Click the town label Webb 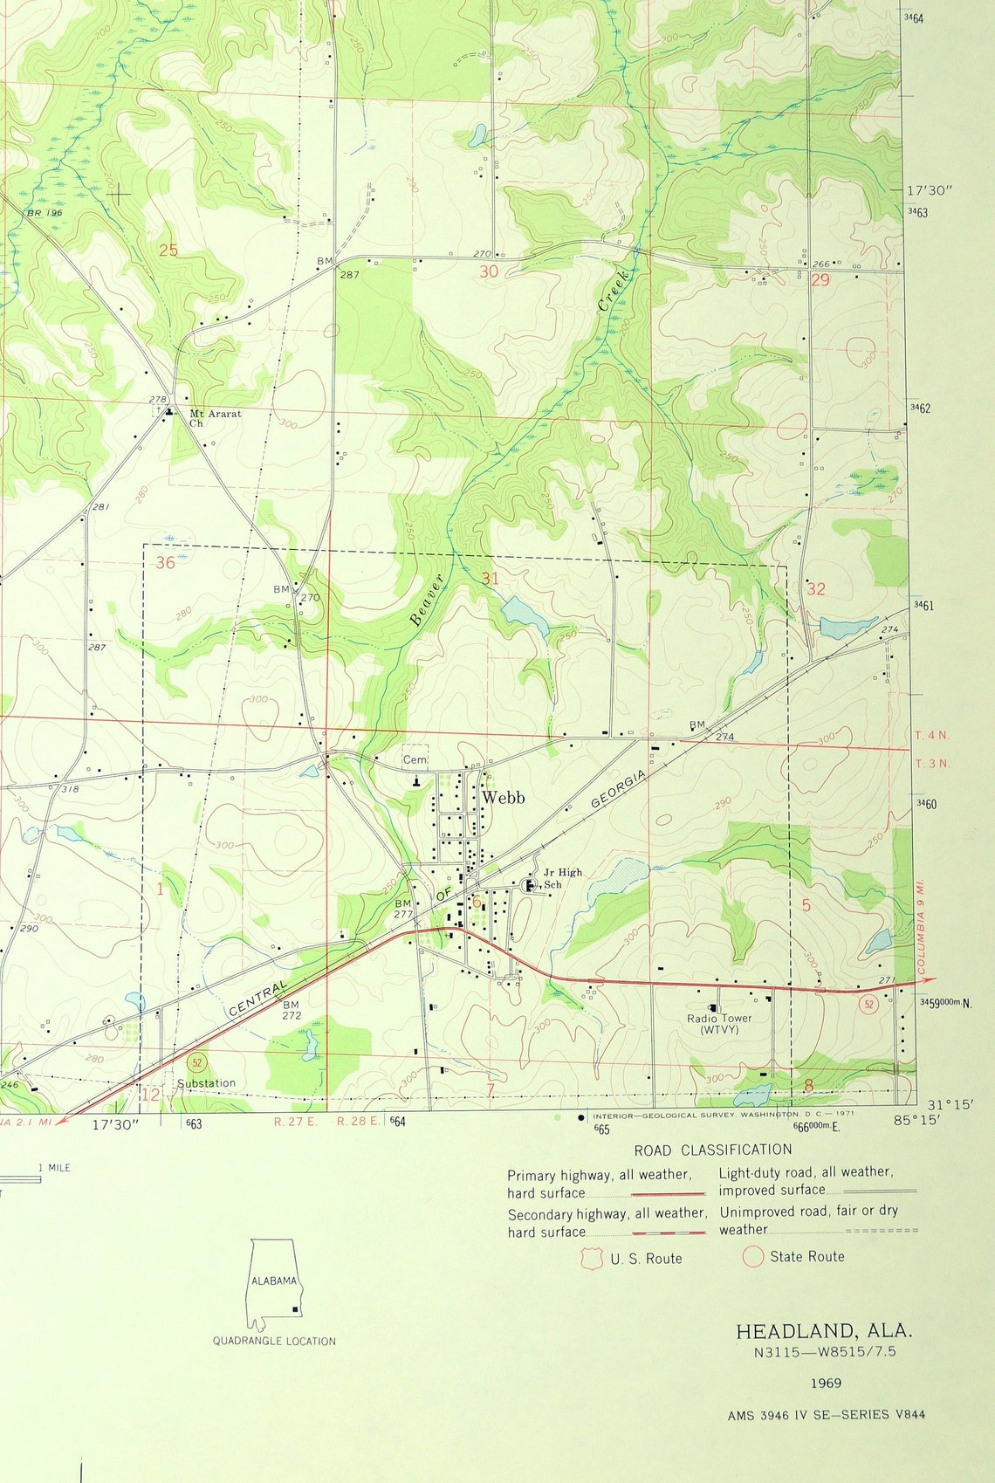point(504,797)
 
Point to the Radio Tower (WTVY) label point(719,1024)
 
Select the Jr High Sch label point(562,878)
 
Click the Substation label point(206,1083)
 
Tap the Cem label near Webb point(415,760)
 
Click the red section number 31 point(490,579)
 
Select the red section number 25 point(168,251)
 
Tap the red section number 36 point(165,563)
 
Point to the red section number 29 point(820,280)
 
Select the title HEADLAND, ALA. point(824,1331)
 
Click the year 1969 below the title point(825,1383)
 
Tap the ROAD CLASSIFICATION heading point(713,1150)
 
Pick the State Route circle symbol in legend point(752,1257)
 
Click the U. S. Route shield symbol point(592,1259)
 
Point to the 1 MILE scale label point(54,1168)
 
